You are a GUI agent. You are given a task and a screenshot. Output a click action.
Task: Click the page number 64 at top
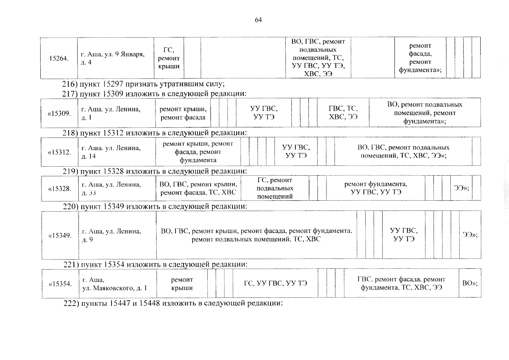(258, 20)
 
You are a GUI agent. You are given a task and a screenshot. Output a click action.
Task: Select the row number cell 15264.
(59, 58)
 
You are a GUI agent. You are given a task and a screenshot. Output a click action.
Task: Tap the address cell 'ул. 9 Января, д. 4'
(115, 58)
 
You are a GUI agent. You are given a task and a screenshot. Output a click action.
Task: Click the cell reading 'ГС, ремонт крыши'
(169, 58)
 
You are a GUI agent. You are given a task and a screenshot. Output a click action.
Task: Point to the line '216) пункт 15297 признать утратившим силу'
(143, 84)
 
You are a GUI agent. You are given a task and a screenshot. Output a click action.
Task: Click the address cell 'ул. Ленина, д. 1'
(116, 113)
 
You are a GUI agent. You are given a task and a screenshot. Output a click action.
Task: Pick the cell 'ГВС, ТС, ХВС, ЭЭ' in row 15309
(343, 113)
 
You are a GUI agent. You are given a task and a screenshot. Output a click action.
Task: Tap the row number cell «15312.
(59, 152)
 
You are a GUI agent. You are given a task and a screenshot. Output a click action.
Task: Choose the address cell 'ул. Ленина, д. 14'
(116, 152)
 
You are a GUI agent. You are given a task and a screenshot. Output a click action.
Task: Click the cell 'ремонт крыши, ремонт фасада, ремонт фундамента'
(198, 152)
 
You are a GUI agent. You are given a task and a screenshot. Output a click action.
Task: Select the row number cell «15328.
(60, 188)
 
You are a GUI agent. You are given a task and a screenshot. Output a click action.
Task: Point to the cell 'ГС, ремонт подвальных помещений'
(275, 188)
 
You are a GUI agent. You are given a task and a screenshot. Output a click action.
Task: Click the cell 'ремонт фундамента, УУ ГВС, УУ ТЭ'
(375, 188)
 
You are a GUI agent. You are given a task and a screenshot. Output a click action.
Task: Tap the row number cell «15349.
(60, 235)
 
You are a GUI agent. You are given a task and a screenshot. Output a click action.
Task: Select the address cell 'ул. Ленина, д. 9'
(117, 235)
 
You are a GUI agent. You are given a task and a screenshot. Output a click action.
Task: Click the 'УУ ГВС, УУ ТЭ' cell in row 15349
(403, 235)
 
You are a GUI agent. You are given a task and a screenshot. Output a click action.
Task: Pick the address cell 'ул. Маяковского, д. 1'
(118, 284)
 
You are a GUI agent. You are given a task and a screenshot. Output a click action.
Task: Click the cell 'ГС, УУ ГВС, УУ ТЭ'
(275, 283)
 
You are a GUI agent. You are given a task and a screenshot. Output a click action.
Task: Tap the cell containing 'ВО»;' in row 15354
(470, 283)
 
